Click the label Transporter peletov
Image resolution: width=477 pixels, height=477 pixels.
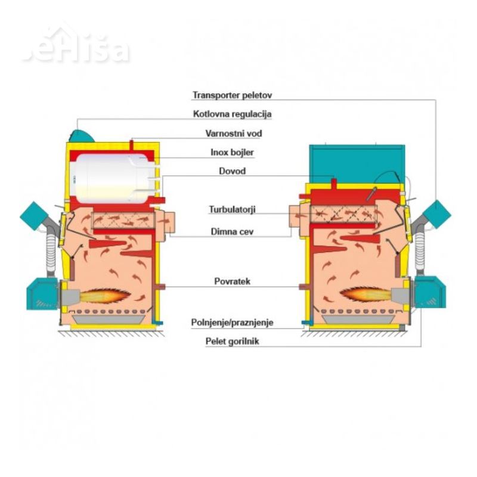232,95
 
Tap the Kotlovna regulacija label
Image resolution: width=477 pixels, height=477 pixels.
232,114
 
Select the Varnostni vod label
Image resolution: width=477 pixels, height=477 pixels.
233,133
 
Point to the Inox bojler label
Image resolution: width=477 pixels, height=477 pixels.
232,152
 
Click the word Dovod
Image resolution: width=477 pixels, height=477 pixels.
232,171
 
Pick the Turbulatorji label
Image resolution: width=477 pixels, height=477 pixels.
232,209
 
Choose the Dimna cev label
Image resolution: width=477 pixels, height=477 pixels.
232,231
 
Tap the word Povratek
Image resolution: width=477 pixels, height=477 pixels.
232,281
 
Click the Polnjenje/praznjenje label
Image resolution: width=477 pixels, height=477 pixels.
232,323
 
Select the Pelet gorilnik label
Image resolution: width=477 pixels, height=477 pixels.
232,341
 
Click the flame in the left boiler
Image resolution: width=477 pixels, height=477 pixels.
106,295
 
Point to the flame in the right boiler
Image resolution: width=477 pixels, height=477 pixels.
366,295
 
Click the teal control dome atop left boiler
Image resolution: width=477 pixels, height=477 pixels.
81,136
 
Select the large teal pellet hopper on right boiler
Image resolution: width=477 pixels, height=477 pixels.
357,165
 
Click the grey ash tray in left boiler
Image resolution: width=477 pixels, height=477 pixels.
109,320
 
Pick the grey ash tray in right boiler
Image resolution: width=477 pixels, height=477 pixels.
358,320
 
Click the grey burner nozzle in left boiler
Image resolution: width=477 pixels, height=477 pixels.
70,296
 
